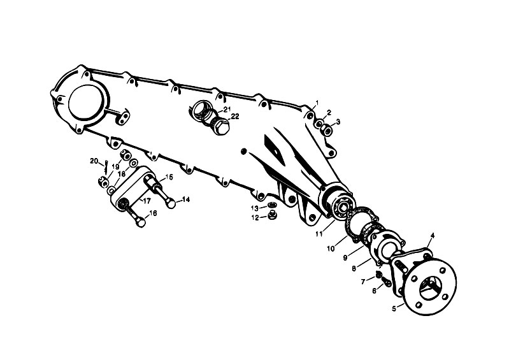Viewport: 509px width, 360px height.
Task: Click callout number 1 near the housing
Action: pyautogui.click(x=317, y=103)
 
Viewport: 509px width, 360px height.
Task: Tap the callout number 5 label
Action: pyautogui.click(x=394, y=308)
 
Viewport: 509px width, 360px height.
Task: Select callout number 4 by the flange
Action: pyautogui.click(x=433, y=235)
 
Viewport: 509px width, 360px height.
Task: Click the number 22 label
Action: pyautogui.click(x=234, y=117)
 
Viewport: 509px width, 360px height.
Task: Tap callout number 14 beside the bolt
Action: pyautogui.click(x=186, y=200)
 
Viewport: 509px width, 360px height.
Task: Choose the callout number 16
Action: pyautogui.click(x=153, y=213)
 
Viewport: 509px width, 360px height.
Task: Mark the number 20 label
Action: pyautogui.click(x=93, y=161)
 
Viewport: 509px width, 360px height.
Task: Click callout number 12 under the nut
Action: pyautogui.click(x=254, y=217)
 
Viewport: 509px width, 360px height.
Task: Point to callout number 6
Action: pyautogui.click(x=374, y=291)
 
